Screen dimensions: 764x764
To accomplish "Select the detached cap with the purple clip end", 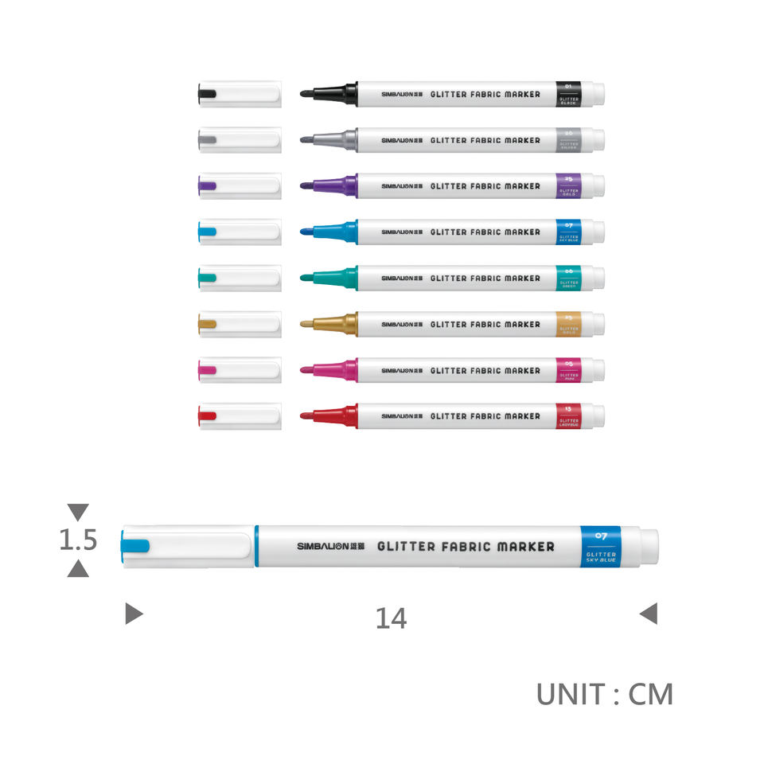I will (x=239, y=186).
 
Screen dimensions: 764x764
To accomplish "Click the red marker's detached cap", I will (x=239, y=416).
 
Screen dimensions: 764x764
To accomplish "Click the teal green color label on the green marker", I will (x=569, y=278).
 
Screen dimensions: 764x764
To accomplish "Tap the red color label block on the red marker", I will (x=569, y=416).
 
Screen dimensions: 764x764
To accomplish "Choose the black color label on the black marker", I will (x=569, y=94).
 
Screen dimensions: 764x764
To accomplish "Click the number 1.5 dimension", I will (x=78, y=540).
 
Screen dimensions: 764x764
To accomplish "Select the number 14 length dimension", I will (x=391, y=618).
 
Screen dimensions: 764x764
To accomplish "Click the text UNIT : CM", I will (x=604, y=694).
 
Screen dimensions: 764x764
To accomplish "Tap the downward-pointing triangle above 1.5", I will (x=78, y=512).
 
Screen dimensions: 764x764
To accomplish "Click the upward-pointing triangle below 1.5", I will (x=78, y=568).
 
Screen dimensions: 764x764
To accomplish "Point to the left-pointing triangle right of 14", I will (x=649, y=614).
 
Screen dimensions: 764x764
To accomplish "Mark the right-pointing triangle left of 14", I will (x=134, y=614).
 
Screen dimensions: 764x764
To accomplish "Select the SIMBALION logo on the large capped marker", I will (x=330, y=547).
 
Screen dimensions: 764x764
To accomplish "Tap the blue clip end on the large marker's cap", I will (x=134, y=546).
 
